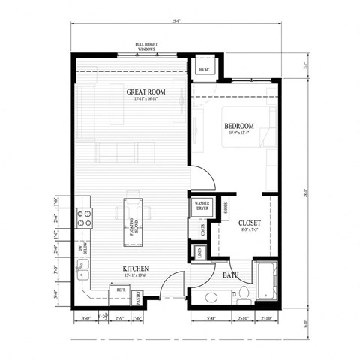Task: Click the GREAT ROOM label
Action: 145,93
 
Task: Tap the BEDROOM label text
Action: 239,127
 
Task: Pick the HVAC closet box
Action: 204,69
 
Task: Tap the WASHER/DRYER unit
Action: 201,206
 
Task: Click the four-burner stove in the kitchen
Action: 85,217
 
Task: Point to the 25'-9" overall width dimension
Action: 177,20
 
